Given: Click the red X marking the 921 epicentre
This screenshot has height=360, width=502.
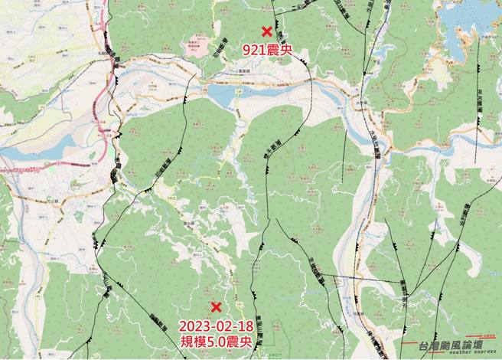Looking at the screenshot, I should tap(266, 31).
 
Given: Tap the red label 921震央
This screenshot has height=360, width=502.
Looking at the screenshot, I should tap(266, 51).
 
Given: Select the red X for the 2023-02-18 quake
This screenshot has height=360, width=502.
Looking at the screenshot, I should tap(216, 306).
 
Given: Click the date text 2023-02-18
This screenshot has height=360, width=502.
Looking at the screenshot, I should tap(216, 325).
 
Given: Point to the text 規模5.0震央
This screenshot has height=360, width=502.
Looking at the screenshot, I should tap(216, 342).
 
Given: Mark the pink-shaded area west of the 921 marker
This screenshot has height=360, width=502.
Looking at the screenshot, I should tap(198, 43).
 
